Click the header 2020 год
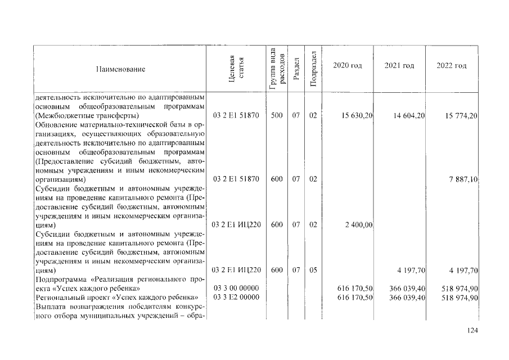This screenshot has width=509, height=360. [347, 66]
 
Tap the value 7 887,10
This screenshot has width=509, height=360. [464, 179]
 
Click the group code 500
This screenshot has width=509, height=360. [276, 116]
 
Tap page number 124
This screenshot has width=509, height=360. [472, 330]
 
